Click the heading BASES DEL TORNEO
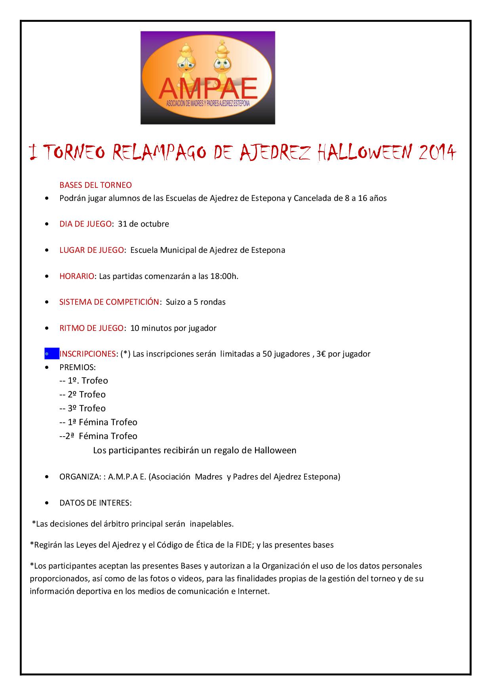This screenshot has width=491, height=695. point(95,185)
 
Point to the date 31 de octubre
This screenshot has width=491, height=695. point(143,224)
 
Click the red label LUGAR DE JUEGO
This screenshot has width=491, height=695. point(91,250)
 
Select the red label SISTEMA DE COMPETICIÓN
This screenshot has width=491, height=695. point(109,302)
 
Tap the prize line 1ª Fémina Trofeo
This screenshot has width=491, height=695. point(102,422)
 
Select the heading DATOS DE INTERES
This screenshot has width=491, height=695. point(95,503)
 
